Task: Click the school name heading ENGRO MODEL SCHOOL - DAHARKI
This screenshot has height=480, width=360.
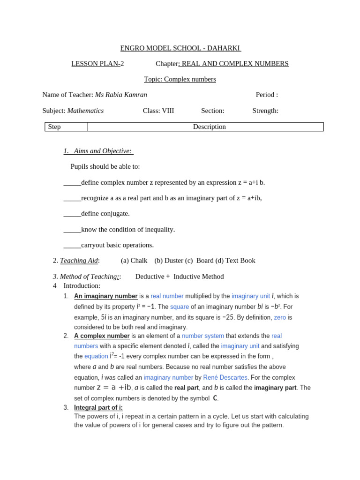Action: [180, 48]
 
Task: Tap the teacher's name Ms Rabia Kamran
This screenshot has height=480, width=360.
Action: [121, 95]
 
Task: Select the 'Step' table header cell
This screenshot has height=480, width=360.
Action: [54, 127]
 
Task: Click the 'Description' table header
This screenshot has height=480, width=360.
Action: [209, 127]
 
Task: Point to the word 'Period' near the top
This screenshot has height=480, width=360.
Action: [265, 95]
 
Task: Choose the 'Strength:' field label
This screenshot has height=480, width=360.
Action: [265, 111]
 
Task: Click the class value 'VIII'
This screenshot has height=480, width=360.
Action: [167, 111]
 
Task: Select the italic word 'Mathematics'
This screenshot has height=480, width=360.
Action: [85, 111]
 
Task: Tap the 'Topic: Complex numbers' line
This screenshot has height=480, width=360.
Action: [180, 79]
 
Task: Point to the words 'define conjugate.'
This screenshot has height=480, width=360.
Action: [105, 213]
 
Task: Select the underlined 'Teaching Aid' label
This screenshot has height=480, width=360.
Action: [79, 261]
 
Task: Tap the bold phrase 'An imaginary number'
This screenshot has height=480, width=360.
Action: [106, 296]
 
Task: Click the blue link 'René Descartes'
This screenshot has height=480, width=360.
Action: [225, 377]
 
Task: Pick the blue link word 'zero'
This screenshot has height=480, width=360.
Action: [280, 317]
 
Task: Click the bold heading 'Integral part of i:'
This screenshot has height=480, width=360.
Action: [98, 407]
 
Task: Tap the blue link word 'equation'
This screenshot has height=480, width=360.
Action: [96, 356]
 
